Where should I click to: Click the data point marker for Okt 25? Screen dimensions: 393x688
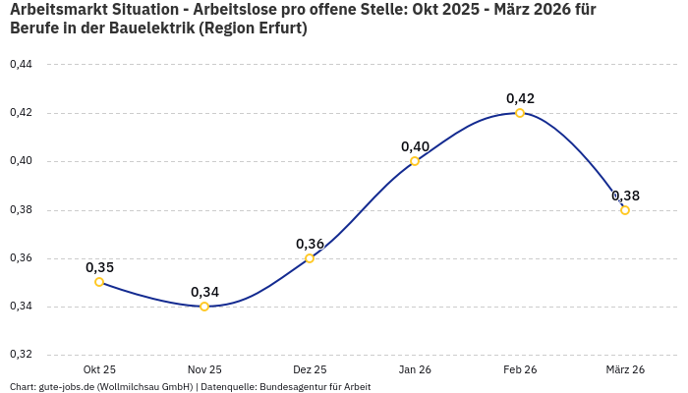pos(99,282)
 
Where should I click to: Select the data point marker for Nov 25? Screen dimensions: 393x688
pos(204,307)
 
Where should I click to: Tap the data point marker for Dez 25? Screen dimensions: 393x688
pos(310,258)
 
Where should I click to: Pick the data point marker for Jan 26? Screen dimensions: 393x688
pos(415,161)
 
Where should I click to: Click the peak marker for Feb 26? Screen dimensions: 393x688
pos(520,113)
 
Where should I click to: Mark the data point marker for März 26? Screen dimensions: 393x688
pos(625,210)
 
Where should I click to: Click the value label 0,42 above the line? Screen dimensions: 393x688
pos(520,98)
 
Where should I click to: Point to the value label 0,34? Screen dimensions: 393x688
pos(204,292)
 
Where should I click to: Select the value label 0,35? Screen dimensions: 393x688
pos(99,267)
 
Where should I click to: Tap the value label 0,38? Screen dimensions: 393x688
pos(625,196)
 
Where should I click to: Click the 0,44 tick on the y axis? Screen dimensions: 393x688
pos(21,65)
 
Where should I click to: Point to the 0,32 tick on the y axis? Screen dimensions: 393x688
pos(21,355)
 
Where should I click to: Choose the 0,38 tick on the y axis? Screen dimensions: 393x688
pos(21,210)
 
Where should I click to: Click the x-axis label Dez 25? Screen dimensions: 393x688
pos(310,369)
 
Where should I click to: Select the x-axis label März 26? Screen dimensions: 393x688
pos(625,369)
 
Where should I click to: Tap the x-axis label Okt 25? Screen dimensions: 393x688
pos(99,369)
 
